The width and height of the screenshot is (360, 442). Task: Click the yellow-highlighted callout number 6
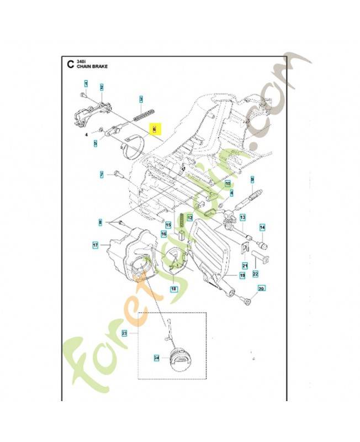tap(155, 130)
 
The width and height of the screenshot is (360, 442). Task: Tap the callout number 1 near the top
tap(86, 84)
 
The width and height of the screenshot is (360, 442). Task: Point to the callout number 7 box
tap(102, 175)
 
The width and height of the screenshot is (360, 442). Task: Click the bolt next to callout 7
tap(119, 175)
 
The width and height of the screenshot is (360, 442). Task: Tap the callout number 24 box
tap(156, 359)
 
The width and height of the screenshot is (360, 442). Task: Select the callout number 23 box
tap(124, 333)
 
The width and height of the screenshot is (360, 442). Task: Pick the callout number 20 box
tap(262, 288)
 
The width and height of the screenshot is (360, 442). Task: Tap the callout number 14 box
tap(263, 228)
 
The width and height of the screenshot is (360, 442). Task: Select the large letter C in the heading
tap(69, 63)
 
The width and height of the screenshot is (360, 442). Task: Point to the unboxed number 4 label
tap(87, 134)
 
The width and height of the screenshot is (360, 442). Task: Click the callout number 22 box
tap(255, 273)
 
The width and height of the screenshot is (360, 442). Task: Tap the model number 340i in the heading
tap(81, 60)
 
